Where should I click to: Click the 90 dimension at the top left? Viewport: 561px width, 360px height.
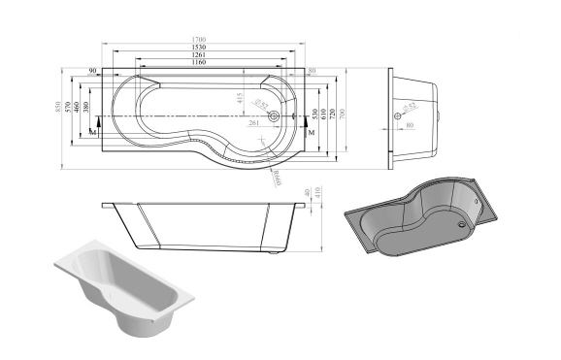[92, 72]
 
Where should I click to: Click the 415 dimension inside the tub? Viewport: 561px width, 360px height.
[240, 98]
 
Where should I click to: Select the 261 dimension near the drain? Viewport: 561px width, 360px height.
[252, 123]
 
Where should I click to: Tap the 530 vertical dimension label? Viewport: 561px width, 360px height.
[315, 115]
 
